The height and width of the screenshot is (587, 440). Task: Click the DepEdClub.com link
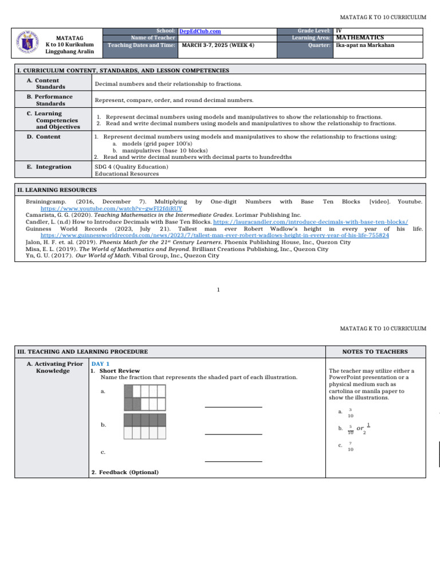(200, 31)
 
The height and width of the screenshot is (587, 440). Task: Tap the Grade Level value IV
(339, 30)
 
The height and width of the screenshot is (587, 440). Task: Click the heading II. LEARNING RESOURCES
(57, 190)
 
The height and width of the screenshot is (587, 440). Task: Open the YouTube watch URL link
(111, 209)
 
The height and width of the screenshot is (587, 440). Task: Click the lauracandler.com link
(311, 222)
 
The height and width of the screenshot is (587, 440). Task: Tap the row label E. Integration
(53, 167)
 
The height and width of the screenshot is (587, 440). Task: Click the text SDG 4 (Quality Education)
(132, 167)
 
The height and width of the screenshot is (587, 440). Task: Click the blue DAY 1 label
(100, 364)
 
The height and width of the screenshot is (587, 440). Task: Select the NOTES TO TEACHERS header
(375, 351)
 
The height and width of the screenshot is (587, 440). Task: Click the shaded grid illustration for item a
(145, 397)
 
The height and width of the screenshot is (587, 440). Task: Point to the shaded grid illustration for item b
(145, 427)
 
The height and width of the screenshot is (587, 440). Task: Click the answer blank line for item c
(233, 461)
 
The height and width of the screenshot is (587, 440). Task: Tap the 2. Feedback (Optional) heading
(125, 472)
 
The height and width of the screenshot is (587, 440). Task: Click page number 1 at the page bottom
(219, 289)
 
